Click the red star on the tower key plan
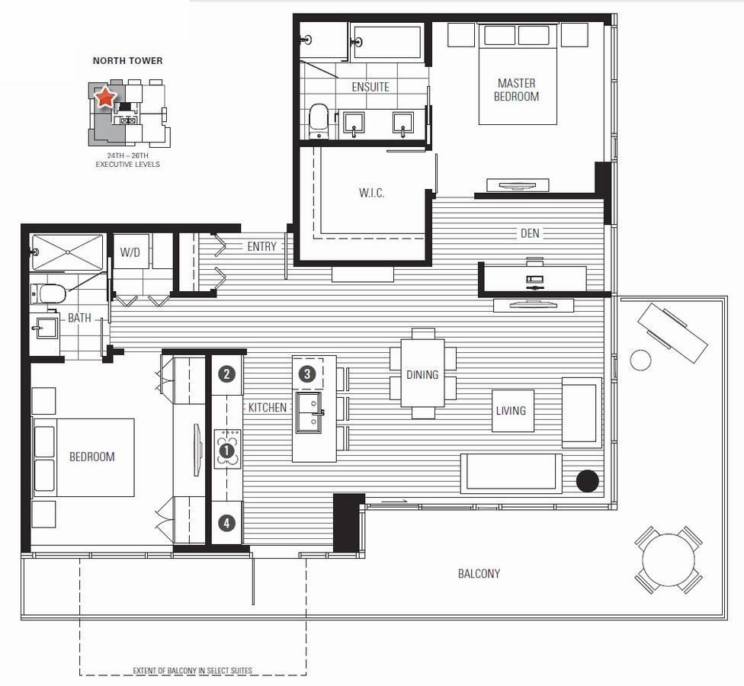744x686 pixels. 105,97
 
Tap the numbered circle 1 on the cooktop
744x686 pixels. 227,450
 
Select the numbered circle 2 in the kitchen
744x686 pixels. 227,374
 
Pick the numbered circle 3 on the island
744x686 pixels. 307,374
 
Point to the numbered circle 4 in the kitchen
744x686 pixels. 227,524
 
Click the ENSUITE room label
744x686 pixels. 370,88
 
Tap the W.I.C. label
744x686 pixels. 371,193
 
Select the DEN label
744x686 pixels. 530,233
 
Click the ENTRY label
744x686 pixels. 261,246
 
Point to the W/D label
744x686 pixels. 130,252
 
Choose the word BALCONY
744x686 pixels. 479,574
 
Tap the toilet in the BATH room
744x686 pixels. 48,293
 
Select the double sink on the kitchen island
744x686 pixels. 309,412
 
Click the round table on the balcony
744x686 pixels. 669,559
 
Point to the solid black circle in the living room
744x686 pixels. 588,481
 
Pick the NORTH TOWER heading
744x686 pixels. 127,61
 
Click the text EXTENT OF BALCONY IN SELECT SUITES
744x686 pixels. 193,671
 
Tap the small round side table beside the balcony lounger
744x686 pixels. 640,360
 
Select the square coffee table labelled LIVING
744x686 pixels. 513,411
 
